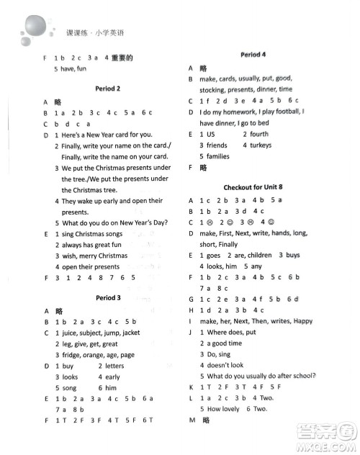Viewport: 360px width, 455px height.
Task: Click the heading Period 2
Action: (107, 89)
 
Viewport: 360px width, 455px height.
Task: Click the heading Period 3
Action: (107, 297)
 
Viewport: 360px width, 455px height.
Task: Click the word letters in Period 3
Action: (115, 366)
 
